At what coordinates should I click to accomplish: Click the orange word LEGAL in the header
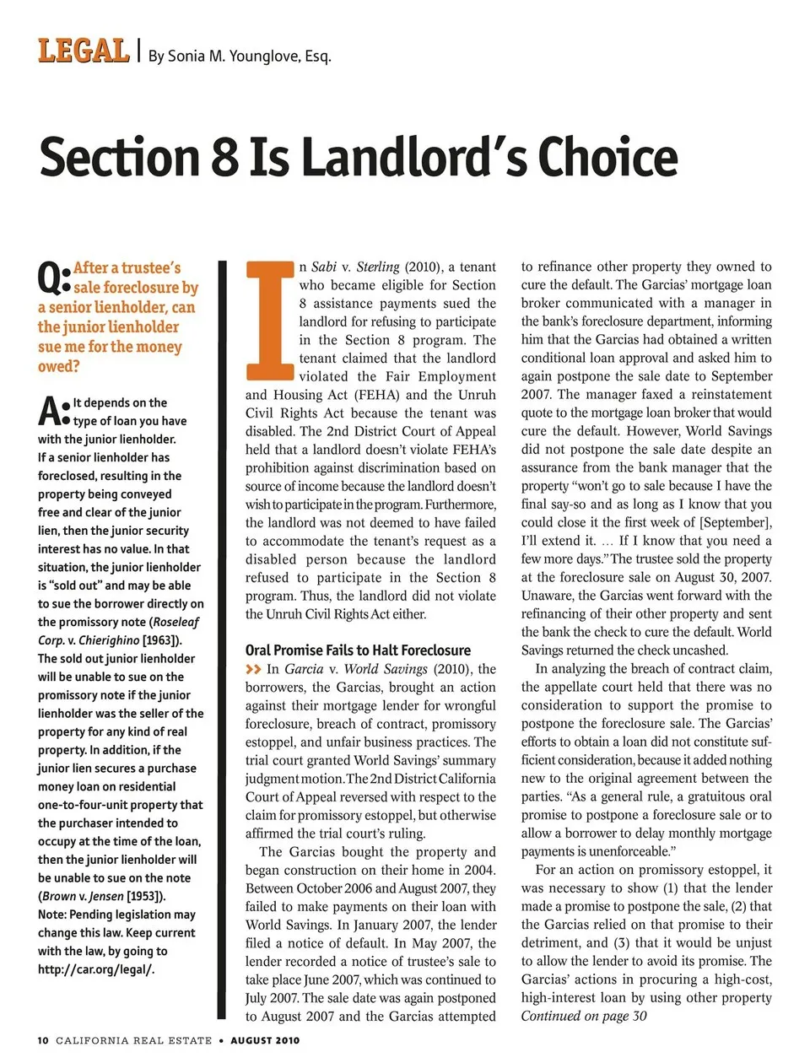(x=83, y=51)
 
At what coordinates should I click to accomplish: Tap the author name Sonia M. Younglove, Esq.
(x=240, y=57)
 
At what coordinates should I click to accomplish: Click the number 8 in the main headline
(x=224, y=158)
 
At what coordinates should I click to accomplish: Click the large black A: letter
(x=53, y=412)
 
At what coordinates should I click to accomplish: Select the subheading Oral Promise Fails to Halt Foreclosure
(x=358, y=650)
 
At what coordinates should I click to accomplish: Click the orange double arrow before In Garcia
(x=253, y=669)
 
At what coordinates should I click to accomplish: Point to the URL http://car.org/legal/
(x=95, y=969)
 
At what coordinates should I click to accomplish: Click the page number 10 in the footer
(x=43, y=1040)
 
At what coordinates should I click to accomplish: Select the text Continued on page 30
(x=583, y=1016)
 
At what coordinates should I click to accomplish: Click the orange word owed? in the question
(x=58, y=366)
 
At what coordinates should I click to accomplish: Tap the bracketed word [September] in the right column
(x=733, y=522)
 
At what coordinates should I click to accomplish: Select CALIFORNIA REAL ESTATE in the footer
(x=133, y=1040)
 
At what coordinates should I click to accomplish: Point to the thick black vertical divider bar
(x=223, y=641)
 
